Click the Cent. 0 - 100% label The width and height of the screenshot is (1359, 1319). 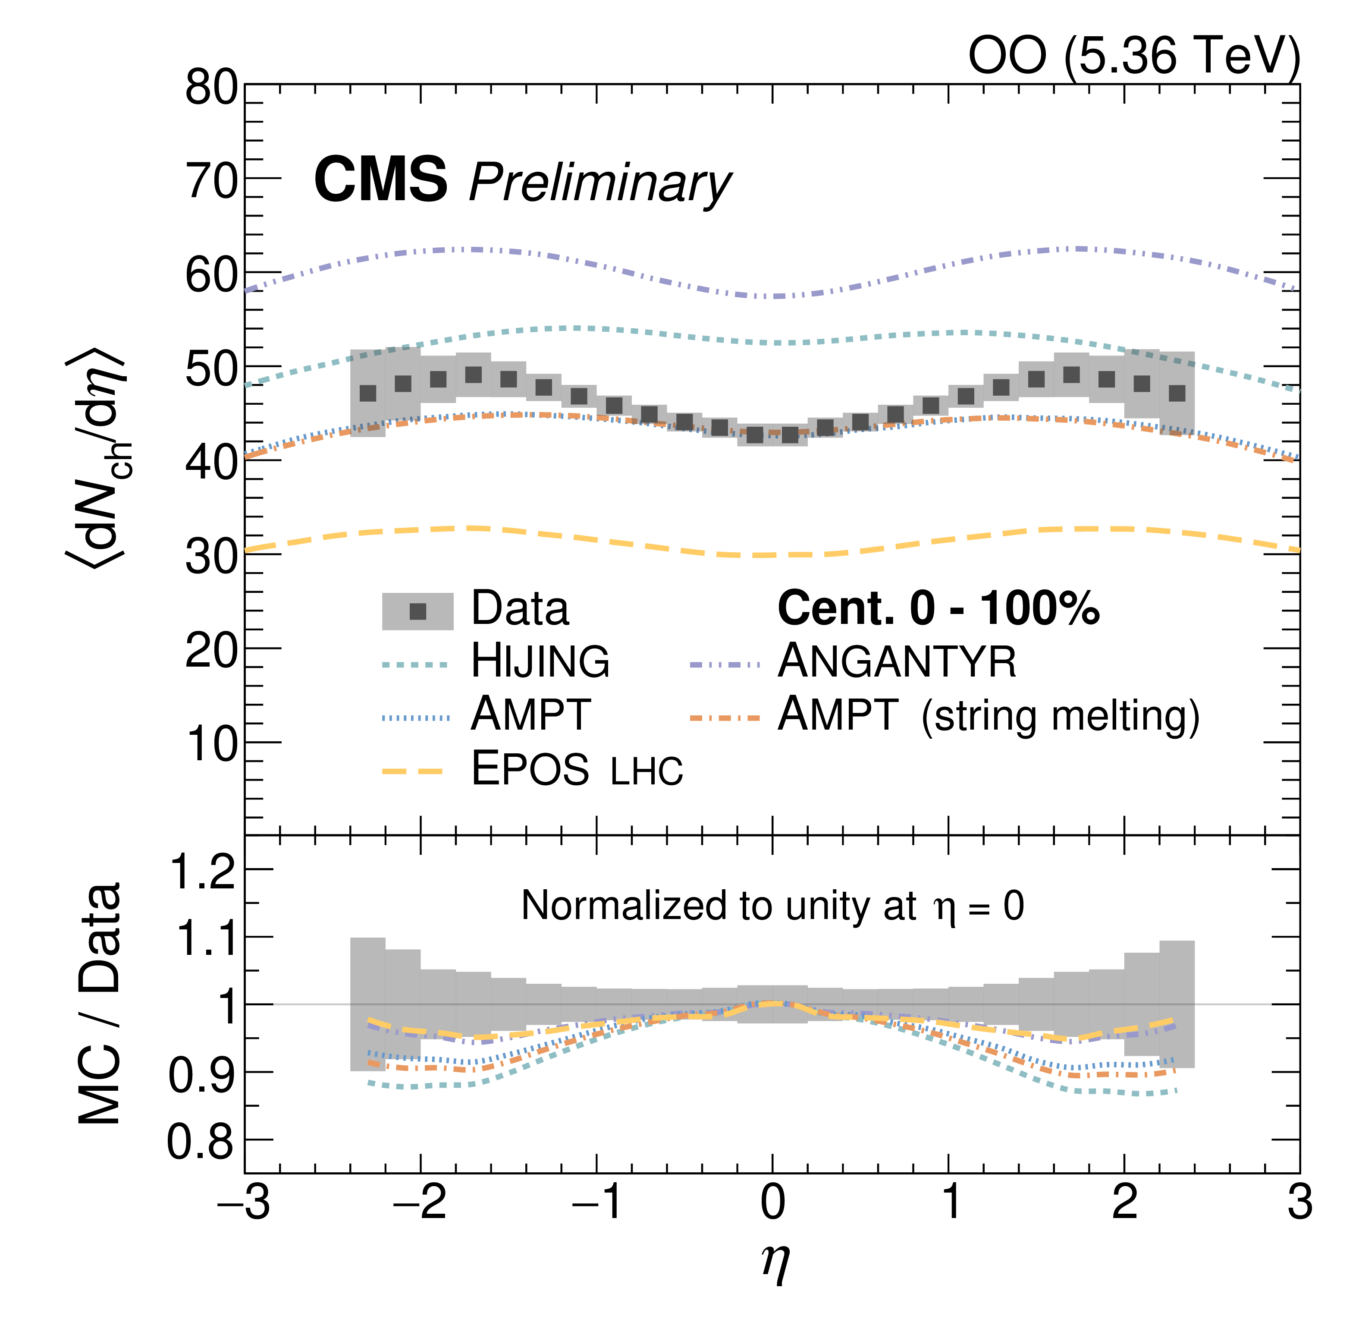pyautogui.click(x=938, y=608)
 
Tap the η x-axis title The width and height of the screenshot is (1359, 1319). pyautogui.click(x=775, y=1263)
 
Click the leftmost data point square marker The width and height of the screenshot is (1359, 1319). pyautogui.click(x=368, y=393)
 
